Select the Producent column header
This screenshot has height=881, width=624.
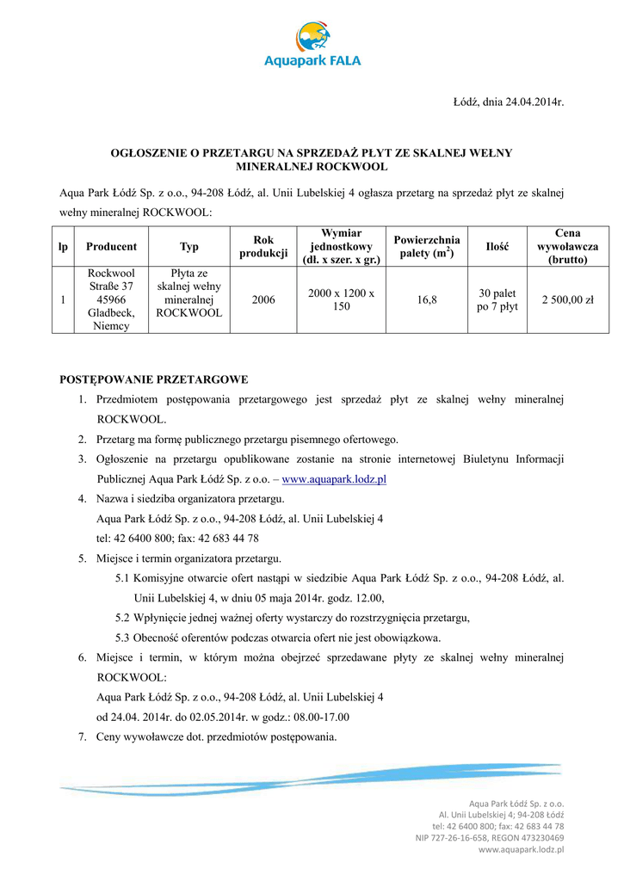[111, 247]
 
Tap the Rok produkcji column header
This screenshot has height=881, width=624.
[263, 247]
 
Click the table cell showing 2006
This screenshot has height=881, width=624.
[263, 300]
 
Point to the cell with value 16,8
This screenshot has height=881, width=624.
[427, 300]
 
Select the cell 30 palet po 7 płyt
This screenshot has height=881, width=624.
[497, 300]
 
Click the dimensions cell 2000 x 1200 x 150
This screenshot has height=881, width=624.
[341, 300]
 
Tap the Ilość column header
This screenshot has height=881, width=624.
[497, 247]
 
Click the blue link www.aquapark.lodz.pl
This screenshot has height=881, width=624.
[334, 479]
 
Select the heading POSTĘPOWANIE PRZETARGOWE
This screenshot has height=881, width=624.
[153, 379]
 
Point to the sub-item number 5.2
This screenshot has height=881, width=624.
[122, 618]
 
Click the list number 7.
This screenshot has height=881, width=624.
[83, 736]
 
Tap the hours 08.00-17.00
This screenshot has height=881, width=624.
[319, 717]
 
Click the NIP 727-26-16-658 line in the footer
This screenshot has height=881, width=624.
[490, 837]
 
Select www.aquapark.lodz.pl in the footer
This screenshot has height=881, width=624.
[521, 849]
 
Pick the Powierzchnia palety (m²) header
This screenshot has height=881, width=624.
[427, 247]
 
